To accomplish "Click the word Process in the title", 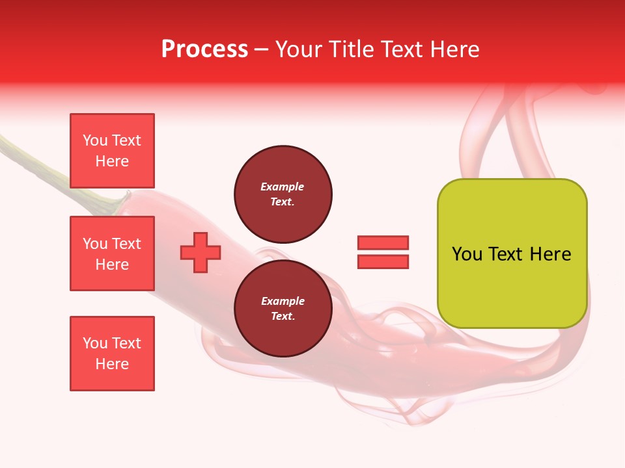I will click(x=204, y=49).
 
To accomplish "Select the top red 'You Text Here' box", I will click(x=112, y=151).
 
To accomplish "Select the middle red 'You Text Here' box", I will click(x=112, y=253).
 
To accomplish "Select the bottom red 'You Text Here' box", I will click(x=112, y=354).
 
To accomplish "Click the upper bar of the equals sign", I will click(x=383, y=242).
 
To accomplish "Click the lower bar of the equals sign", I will click(x=383, y=262).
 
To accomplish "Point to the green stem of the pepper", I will click(x=39, y=162).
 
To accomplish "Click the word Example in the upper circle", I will click(x=283, y=187).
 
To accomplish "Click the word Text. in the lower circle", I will click(x=283, y=317).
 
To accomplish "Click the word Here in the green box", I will click(x=550, y=254).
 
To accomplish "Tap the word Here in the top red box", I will click(x=112, y=161).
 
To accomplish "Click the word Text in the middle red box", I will click(x=126, y=244).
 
